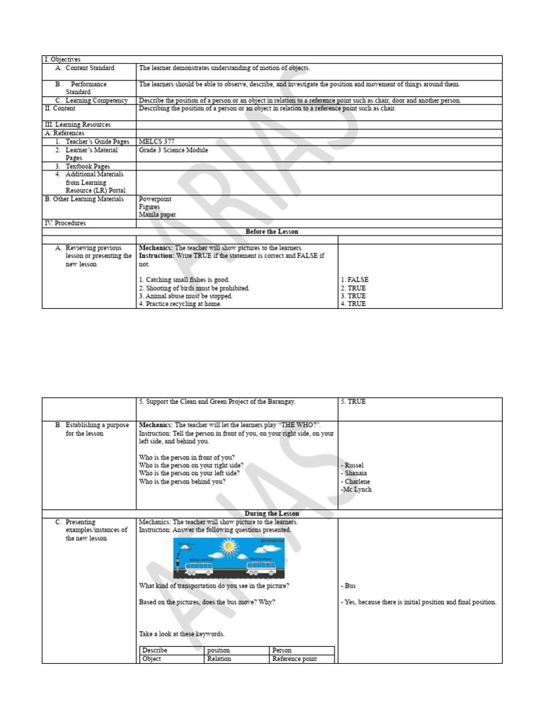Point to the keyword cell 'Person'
pyautogui.click(x=281, y=650)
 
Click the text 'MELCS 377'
pyautogui.click(x=156, y=141)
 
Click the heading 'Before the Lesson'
pyautogui.click(x=271, y=231)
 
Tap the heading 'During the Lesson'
pyautogui.click(x=271, y=513)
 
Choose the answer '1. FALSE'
pyautogui.click(x=354, y=280)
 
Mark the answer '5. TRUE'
pyautogui.click(x=353, y=402)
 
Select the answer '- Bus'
pyautogui.click(x=349, y=586)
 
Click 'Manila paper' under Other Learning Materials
pyautogui.click(x=157, y=215)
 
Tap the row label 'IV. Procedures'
pyautogui.click(x=65, y=223)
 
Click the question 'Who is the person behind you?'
pyautogui.click(x=182, y=481)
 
